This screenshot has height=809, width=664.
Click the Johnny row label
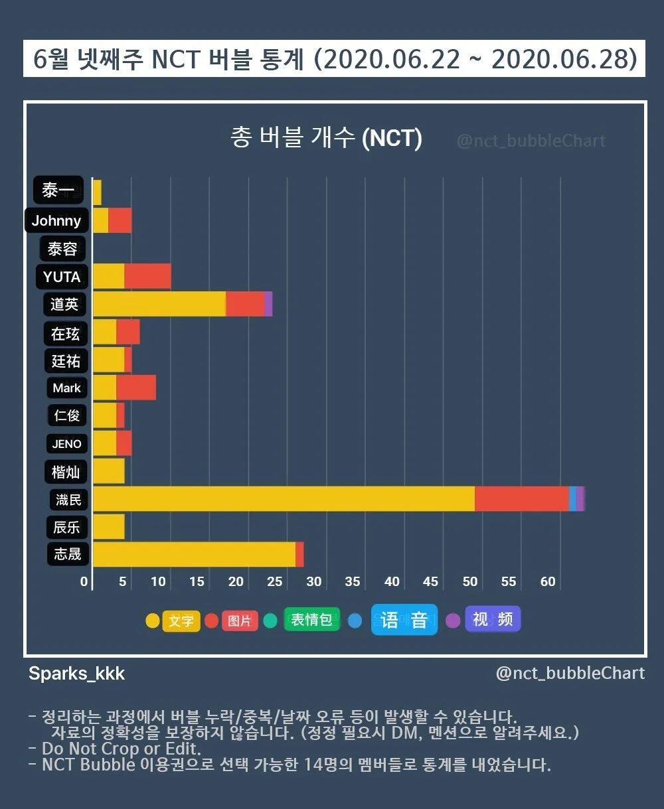56,220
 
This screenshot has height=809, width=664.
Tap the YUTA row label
62,277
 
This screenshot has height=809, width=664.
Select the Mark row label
66,388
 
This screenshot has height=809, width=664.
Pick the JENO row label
66,444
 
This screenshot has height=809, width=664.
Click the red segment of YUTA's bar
147,276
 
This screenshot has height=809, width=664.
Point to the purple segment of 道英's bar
268,304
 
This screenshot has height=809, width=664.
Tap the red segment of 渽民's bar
521,498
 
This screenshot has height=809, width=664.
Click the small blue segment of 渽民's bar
572,498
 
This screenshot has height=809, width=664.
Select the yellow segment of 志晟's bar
194,554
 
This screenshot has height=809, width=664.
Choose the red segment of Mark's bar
136,388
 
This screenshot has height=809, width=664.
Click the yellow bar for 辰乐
109,526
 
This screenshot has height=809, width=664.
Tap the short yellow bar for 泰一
97,192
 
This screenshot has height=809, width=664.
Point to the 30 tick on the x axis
314,582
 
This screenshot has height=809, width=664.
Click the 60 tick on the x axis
548,582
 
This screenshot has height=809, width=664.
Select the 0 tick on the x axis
84,582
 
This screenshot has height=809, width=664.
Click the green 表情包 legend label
311,620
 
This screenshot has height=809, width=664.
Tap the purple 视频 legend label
493,619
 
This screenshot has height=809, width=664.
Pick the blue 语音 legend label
404,620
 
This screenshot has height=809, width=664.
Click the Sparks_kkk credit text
76,674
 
